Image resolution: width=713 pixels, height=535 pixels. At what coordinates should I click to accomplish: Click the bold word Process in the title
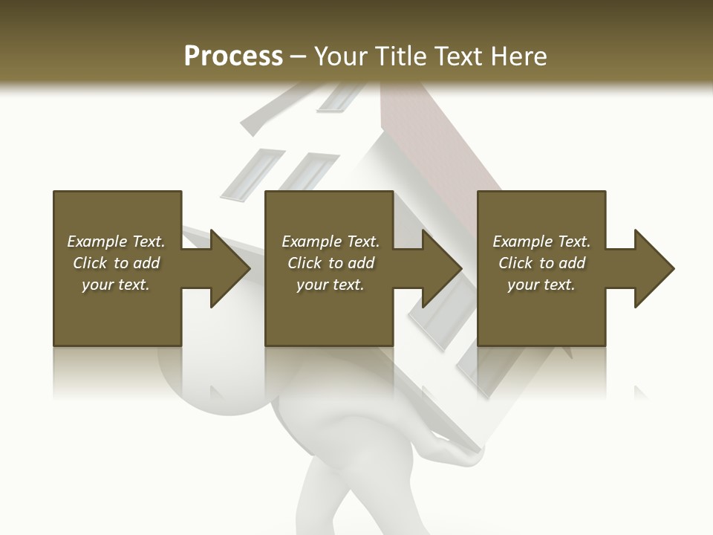[233, 56]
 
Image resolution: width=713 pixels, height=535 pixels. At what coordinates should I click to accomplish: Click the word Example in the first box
[97, 241]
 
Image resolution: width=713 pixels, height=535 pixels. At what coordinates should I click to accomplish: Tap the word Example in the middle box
[311, 241]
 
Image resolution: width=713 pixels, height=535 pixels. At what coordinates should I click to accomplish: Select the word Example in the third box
[522, 241]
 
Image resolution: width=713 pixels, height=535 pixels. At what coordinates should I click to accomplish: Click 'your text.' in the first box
[116, 285]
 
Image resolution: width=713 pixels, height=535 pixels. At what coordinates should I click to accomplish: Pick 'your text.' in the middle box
[330, 285]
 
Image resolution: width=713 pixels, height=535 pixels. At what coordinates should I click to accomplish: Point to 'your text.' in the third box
[541, 285]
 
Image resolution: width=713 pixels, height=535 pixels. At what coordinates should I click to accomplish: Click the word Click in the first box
[90, 263]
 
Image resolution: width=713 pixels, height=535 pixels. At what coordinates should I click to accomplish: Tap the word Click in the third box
[515, 263]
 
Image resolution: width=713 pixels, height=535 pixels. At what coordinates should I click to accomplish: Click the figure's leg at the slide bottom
[327, 505]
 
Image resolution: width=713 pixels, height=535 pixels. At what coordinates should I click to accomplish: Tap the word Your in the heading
[340, 56]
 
